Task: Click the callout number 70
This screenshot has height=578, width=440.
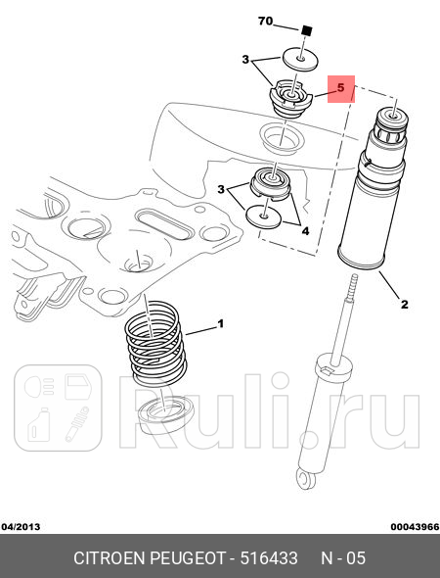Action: point(265,21)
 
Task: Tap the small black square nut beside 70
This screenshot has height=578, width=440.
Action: point(305,29)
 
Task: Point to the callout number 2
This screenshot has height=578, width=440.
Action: point(403,305)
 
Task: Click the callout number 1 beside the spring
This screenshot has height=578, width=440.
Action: point(221,323)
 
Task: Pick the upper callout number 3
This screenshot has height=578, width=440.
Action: point(246,60)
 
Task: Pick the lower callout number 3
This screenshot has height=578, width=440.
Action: point(222,188)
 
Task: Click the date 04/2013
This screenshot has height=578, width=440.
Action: point(22,526)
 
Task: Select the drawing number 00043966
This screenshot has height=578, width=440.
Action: point(414,526)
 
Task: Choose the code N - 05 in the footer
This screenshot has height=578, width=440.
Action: point(343,558)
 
